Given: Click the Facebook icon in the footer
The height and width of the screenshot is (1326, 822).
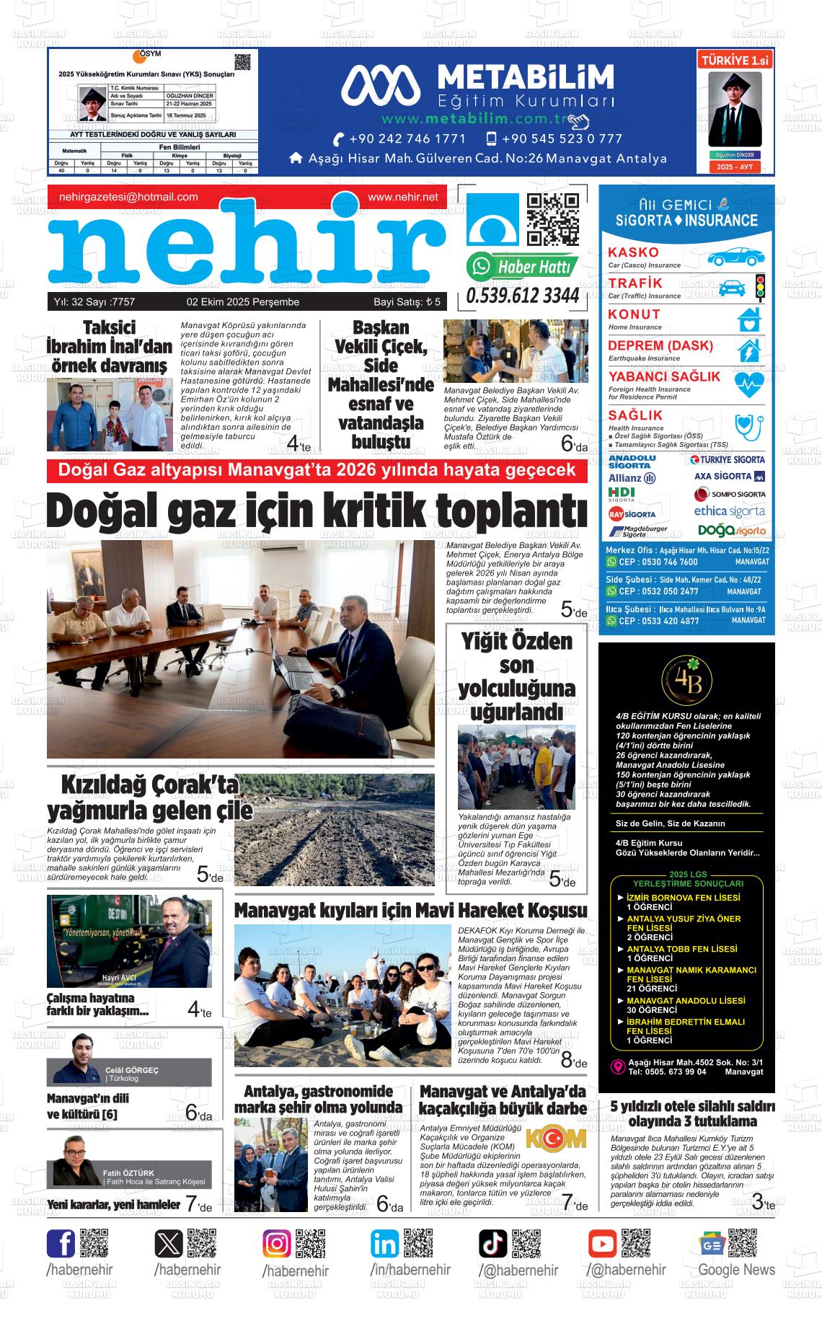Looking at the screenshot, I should (61, 1244).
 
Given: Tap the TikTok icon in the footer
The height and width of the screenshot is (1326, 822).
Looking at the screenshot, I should (493, 1244).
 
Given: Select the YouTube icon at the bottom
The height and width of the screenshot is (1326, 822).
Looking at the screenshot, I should (602, 1244).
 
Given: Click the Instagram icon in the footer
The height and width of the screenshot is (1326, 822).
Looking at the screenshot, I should (276, 1244).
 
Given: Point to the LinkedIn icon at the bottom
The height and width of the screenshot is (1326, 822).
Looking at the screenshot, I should (385, 1244).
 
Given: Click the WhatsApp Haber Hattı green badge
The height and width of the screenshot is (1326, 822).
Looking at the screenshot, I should (523, 267).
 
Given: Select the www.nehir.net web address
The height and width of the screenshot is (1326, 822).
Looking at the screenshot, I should (402, 197).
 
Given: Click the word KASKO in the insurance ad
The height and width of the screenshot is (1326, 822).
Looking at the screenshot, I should (633, 252).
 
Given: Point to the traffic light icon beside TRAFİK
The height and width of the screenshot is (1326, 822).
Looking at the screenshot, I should (759, 286).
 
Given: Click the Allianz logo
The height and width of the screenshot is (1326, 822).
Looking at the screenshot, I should (632, 478).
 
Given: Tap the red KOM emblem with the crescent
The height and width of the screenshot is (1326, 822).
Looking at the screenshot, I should (556, 1139).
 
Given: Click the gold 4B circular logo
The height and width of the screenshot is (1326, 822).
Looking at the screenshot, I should (686, 679).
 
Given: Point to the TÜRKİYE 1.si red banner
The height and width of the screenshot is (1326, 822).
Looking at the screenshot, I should (735, 61).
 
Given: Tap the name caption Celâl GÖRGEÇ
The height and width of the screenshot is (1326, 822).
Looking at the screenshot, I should (131, 1070).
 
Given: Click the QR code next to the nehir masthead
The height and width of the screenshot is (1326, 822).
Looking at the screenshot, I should (553, 220).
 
